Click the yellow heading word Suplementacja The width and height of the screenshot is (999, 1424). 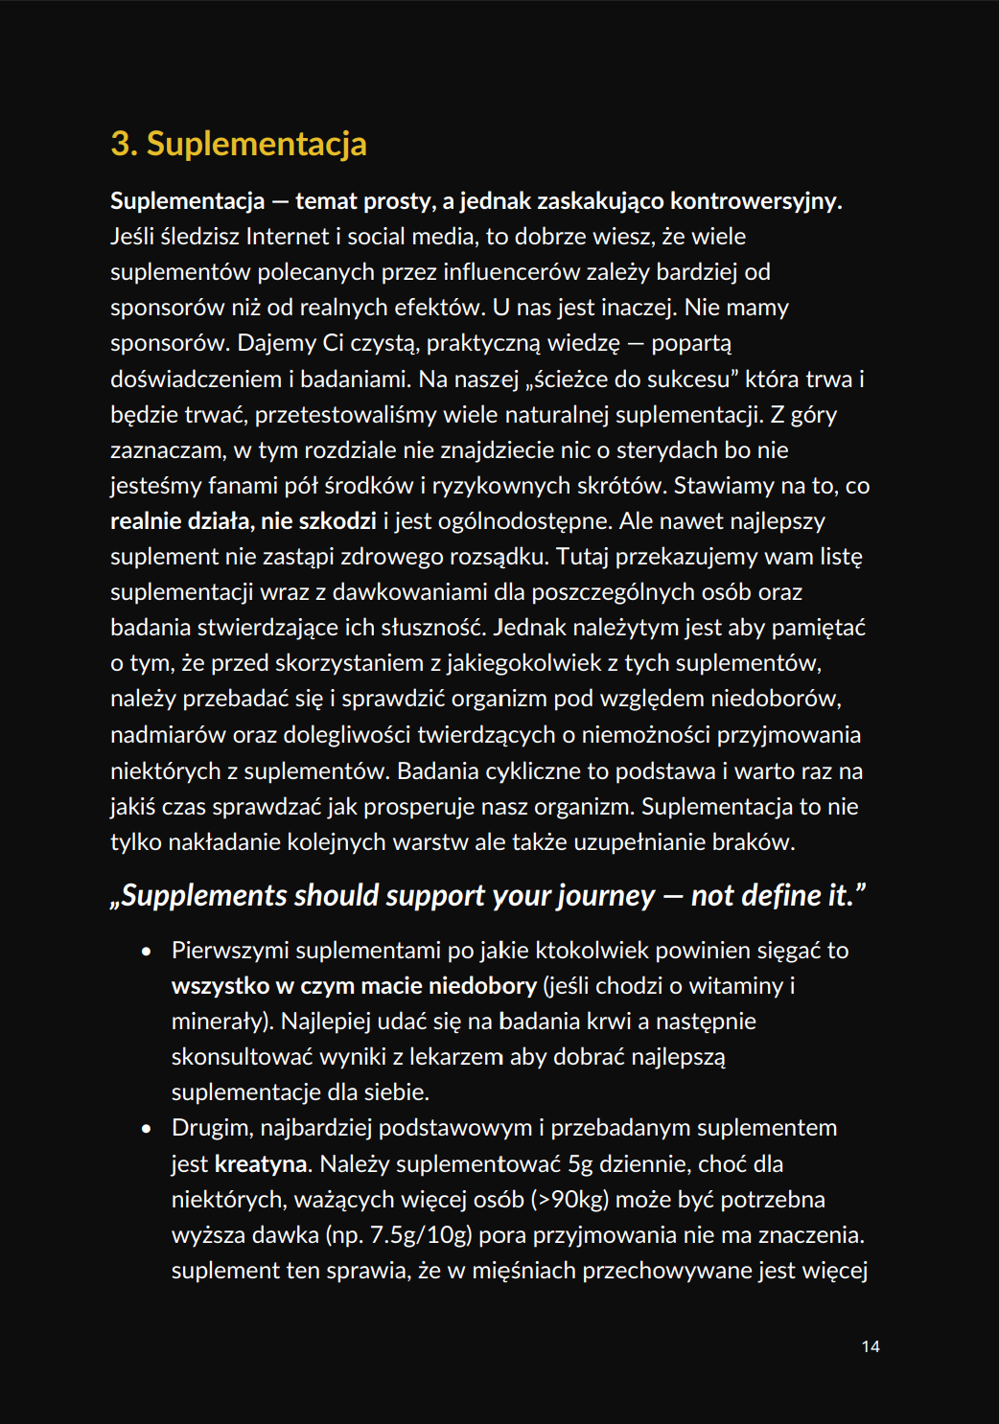coord(256,144)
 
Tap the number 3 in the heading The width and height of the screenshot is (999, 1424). coord(122,144)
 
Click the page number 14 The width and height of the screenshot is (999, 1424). coord(870,1346)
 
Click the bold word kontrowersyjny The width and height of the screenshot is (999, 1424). coord(755,201)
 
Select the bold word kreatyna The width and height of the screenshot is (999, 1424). coord(262,1164)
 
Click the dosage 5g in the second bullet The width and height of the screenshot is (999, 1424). coord(581,1164)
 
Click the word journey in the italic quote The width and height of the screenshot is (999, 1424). coord(606,895)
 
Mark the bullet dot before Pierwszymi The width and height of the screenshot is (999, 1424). coord(146,952)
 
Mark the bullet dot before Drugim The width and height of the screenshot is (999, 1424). coord(146,1129)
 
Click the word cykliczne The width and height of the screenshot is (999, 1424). coord(532,771)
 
